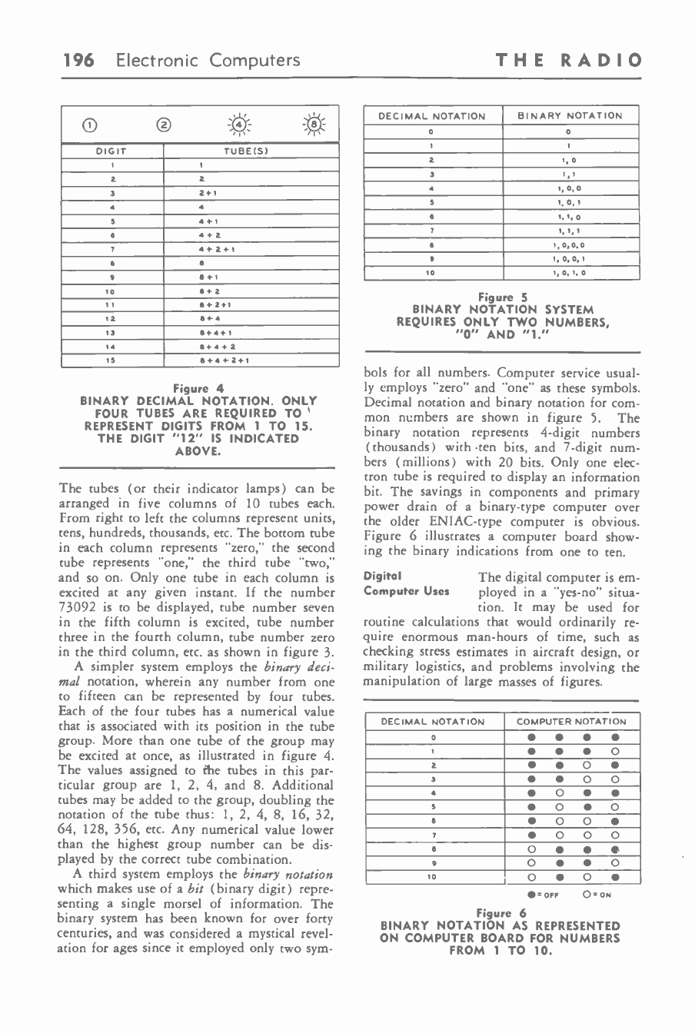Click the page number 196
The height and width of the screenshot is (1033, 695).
tap(79, 59)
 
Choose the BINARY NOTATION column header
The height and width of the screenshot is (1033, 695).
tap(570, 116)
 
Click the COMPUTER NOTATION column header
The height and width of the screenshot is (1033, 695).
tap(571, 721)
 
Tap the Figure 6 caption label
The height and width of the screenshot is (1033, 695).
tap(500, 913)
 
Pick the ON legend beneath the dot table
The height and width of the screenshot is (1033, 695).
tap(597, 895)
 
